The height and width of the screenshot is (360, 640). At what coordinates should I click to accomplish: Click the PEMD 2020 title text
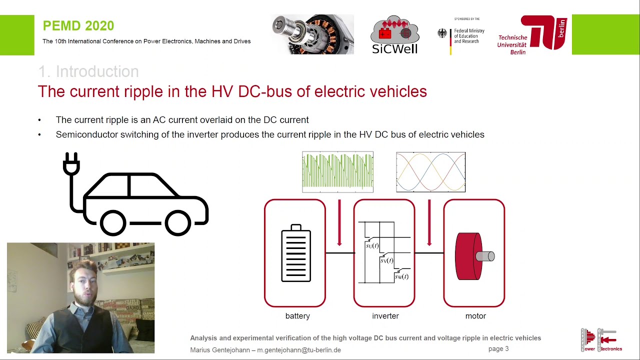pyautogui.click(x=78, y=26)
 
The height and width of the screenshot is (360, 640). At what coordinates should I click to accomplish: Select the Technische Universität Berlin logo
pyautogui.click(x=532, y=35)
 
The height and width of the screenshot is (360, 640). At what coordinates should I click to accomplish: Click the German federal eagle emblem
pyautogui.click(x=442, y=33)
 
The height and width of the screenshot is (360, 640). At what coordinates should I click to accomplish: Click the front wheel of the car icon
pyautogui.click(x=178, y=222)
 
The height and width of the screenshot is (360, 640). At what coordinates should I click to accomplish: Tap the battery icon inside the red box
pyautogui.click(x=296, y=253)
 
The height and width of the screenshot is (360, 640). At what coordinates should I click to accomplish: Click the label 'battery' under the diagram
pyautogui.click(x=297, y=316)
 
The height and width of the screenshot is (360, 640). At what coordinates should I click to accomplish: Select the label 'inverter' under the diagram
pyautogui.click(x=385, y=316)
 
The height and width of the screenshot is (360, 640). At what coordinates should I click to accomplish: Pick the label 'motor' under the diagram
pyautogui.click(x=475, y=316)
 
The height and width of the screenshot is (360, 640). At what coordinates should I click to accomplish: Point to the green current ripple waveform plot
pyautogui.click(x=337, y=172)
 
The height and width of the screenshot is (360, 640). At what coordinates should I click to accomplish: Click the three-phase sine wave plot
pyautogui.click(x=430, y=172)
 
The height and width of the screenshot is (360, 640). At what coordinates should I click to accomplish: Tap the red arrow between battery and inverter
pyautogui.click(x=339, y=223)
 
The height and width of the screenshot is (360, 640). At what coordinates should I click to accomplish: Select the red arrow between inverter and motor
pyautogui.click(x=429, y=223)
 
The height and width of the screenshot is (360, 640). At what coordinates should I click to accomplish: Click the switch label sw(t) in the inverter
pyautogui.click(x=401, y=276)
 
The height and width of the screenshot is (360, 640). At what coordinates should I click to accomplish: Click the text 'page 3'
pyautogui.click(x=498, y=349)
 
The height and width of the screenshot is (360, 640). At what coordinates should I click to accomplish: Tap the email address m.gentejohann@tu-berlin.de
pyautogui.click(x=299, y=350)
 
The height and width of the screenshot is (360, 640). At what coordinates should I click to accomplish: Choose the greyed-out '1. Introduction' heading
pyautogui.click(x=88, y=71)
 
